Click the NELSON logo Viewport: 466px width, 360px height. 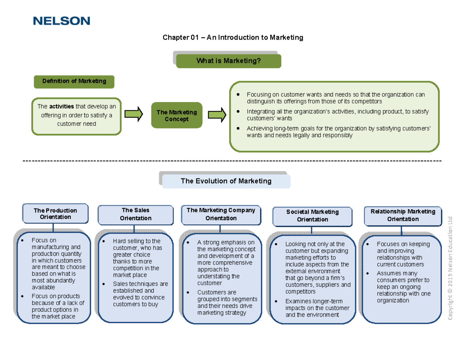coord(61,21)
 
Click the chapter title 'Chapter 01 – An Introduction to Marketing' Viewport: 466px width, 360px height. coord(232,38)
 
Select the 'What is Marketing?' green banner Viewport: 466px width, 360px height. coord(228,61)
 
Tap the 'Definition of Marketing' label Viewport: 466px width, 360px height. coord(74,81)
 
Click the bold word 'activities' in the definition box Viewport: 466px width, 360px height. coord(59,107)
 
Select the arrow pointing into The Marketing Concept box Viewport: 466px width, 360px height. coord(134,115)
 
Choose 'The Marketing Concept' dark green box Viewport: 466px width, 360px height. coord(176,115)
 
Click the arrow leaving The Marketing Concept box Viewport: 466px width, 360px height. coord(217,115)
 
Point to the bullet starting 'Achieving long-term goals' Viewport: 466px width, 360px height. coord(338,132)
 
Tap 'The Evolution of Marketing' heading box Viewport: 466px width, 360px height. coord(226,181)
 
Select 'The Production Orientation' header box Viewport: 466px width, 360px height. coord(55,214)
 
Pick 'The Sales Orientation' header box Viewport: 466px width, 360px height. coord(135,214)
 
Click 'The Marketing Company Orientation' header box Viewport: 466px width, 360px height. coord(221,214)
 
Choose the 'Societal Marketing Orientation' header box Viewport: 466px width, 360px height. coord(312,216)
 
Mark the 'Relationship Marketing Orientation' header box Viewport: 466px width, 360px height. coord(403,215)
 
